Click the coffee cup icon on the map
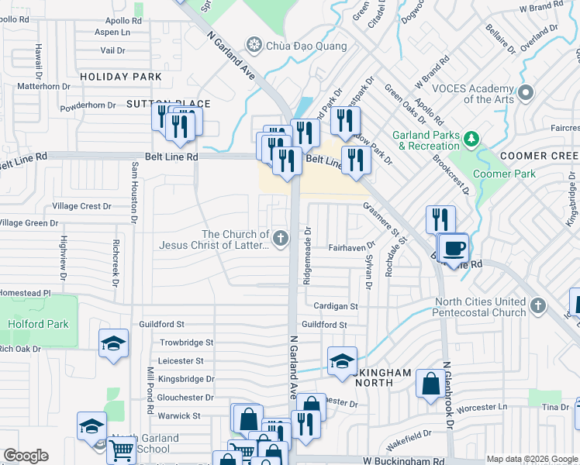(x=454, y=248)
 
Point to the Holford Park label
(x=38, y=325)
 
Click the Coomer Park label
(x=504, y=174)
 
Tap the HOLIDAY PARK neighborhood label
(x=121, y=77)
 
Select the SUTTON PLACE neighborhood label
(x=157, y=103)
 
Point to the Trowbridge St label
(x=186, y=343)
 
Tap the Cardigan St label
(x=336, y=306)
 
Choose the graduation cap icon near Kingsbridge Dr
(x=342, y=360)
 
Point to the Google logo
(x=26, y=456)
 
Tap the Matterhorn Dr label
(x=43, y=86)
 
